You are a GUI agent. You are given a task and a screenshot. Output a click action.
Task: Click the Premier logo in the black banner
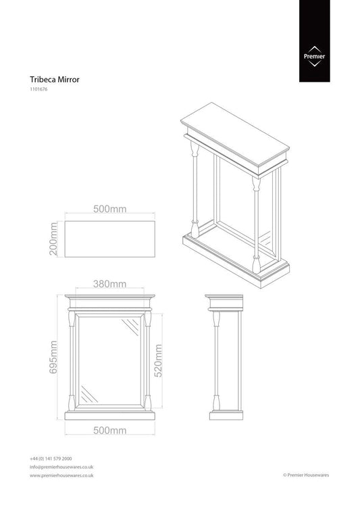point(314,57)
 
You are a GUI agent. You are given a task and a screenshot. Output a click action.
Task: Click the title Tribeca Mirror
point(55,80)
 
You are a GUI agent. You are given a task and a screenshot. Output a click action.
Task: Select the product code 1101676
point(38,89)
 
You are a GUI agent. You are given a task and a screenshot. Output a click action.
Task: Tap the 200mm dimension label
point(53,239)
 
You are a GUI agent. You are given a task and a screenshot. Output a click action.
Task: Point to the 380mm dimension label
point(109,284)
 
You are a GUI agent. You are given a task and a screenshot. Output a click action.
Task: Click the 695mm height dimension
point(53,357)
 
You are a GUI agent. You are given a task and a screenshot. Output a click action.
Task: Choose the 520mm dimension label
point(158,361)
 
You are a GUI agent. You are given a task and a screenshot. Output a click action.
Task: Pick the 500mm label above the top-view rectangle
point(109,209)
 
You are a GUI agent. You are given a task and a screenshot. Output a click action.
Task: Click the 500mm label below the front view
point(109,431)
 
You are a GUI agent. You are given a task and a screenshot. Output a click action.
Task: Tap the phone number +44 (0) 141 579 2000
point(51,459)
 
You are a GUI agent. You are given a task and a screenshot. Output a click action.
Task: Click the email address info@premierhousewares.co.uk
point(61,467)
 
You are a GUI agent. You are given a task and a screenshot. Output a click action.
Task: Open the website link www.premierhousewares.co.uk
point(61,476)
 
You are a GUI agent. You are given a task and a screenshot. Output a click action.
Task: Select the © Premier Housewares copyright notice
point(306,475)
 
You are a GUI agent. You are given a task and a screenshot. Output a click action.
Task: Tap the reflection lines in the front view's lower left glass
point(89,394)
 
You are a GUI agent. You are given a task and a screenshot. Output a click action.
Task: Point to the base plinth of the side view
point(226,416)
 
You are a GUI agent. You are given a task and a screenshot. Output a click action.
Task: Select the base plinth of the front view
point(109,416)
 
